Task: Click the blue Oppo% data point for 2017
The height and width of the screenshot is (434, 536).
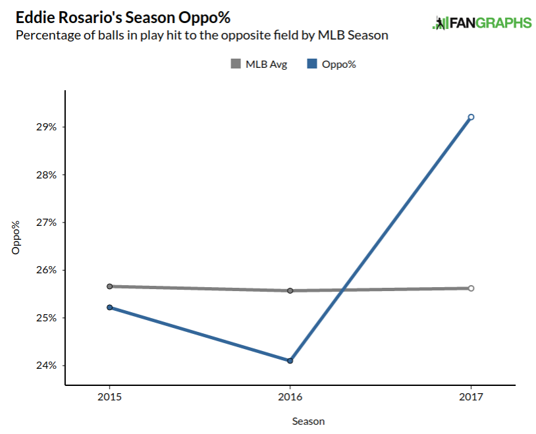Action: point(471,117)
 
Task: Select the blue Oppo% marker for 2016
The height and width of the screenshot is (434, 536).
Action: point(290,360)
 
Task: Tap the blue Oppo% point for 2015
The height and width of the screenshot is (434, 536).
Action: point(109,307)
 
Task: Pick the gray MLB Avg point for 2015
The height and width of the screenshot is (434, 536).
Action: point(109,286)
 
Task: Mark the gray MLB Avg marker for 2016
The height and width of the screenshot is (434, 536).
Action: point(290,290)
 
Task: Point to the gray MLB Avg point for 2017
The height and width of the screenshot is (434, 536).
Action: point(471,288)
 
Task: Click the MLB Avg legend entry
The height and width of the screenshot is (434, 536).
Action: point(259,64)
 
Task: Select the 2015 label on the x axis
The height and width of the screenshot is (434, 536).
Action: point(109,397)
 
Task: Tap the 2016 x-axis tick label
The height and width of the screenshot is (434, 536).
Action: point(290,397)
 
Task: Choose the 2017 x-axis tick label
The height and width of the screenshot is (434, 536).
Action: point(471,397)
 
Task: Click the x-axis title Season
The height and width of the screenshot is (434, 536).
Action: point(309,421)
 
